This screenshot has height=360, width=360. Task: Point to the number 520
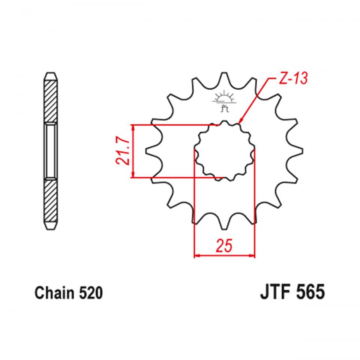click(x=90, y=293)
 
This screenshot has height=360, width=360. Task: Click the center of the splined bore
click(x=224, y=151)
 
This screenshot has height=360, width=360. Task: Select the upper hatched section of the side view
click(x=51, y=100)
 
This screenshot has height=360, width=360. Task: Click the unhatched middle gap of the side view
click(x=51, y=151)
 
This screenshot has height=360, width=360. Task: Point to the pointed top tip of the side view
click(x=51, y=73)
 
